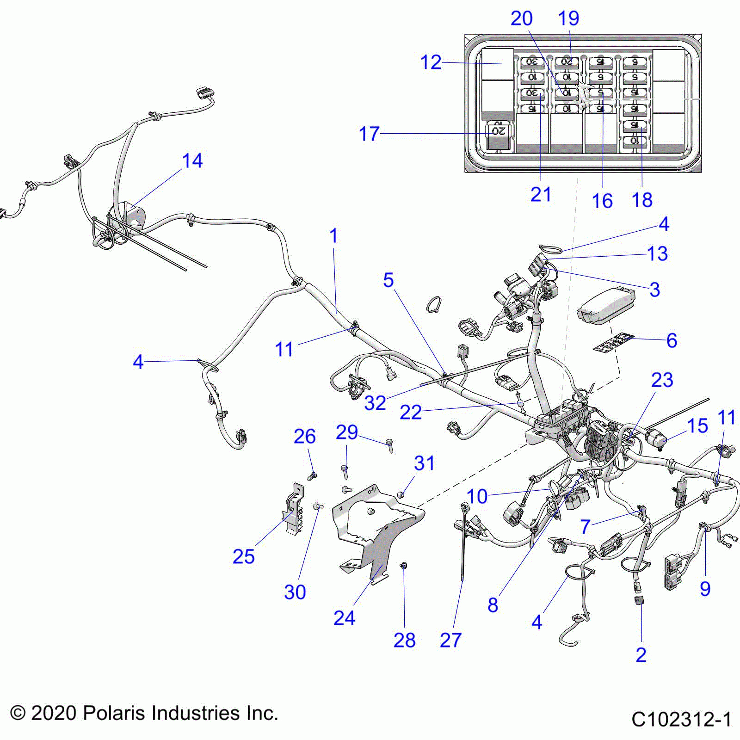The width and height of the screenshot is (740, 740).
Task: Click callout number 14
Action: pos(192,161)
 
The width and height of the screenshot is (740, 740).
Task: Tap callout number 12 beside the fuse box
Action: pos(431,62)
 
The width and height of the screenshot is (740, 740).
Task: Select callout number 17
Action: pos(369,134)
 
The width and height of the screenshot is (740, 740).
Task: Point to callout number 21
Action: pos(541,195)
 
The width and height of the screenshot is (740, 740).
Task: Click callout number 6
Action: pos(672,341)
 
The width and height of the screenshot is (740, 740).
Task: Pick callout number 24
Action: pos(344,618)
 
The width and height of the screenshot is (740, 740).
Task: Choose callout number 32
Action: pos(375,403)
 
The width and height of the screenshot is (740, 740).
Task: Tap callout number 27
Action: pos(450,641)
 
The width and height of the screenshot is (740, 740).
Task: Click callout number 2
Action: pos(641,655)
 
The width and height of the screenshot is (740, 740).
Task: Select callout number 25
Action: pos(243,556)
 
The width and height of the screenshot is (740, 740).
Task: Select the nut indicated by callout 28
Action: pos(403,565)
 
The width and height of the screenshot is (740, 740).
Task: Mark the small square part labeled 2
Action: pos(640,601)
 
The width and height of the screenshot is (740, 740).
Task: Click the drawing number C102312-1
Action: pos(681,720)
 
